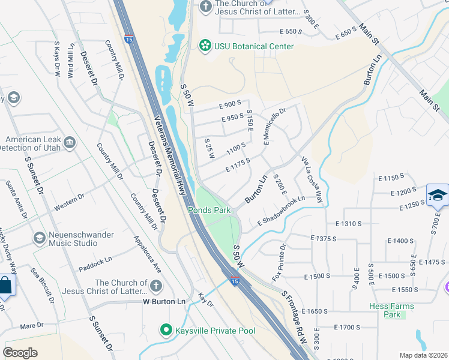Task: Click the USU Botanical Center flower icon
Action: pos(205,46)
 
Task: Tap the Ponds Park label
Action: pos(209,210)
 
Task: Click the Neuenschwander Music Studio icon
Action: pos(39,238)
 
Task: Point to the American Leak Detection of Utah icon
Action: pos(71,143)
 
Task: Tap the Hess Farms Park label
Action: pos(391,310)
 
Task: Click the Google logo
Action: pos(20,352)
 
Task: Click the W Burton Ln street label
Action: pos(164,302)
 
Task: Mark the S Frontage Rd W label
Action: pos(295,317)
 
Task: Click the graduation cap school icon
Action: pos(438,195)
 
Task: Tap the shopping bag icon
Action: pos(4,285)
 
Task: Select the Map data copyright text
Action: pos(423,355)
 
